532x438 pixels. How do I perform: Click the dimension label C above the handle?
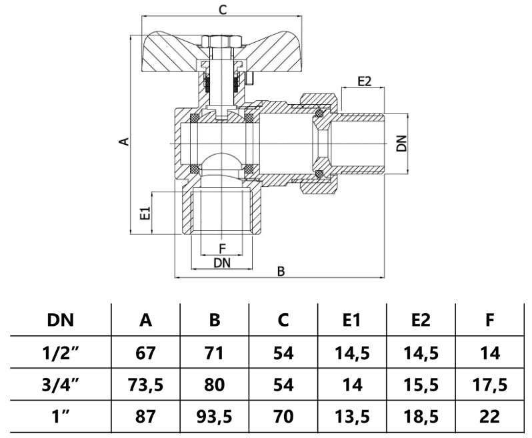[224, 9]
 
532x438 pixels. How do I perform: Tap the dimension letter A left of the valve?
[123, 142]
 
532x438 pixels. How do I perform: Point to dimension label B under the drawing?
[281, 272]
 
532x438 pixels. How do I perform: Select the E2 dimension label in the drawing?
[364, 81]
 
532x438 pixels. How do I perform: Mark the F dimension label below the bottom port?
[222, 250]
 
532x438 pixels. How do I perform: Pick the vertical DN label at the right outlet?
[400, 144]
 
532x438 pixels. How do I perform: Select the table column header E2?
[420, 320]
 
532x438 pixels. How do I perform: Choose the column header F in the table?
[489, 320]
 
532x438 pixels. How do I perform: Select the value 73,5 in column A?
[145, 385]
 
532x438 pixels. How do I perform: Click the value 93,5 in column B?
[215, 417]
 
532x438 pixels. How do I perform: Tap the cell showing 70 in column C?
[283, 417]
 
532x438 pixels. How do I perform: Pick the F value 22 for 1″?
[489, 417]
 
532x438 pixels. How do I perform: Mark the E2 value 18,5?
[420, 417]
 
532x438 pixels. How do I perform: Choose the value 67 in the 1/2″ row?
[145, 353]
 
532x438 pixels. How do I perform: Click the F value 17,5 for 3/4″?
[489, 385]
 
